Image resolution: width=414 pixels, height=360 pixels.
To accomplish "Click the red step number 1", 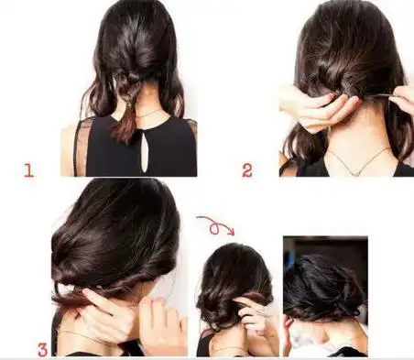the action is (28, 170).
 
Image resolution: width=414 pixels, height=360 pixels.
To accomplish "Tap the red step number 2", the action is (247, 170).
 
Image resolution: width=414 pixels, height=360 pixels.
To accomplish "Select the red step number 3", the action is (43, 350).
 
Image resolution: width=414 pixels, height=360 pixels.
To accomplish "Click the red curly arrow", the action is (215, 225).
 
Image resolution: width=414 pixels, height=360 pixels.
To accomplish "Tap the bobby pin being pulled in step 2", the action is (377, 96).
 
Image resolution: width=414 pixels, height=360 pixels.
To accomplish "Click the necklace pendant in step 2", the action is (356, 173).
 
